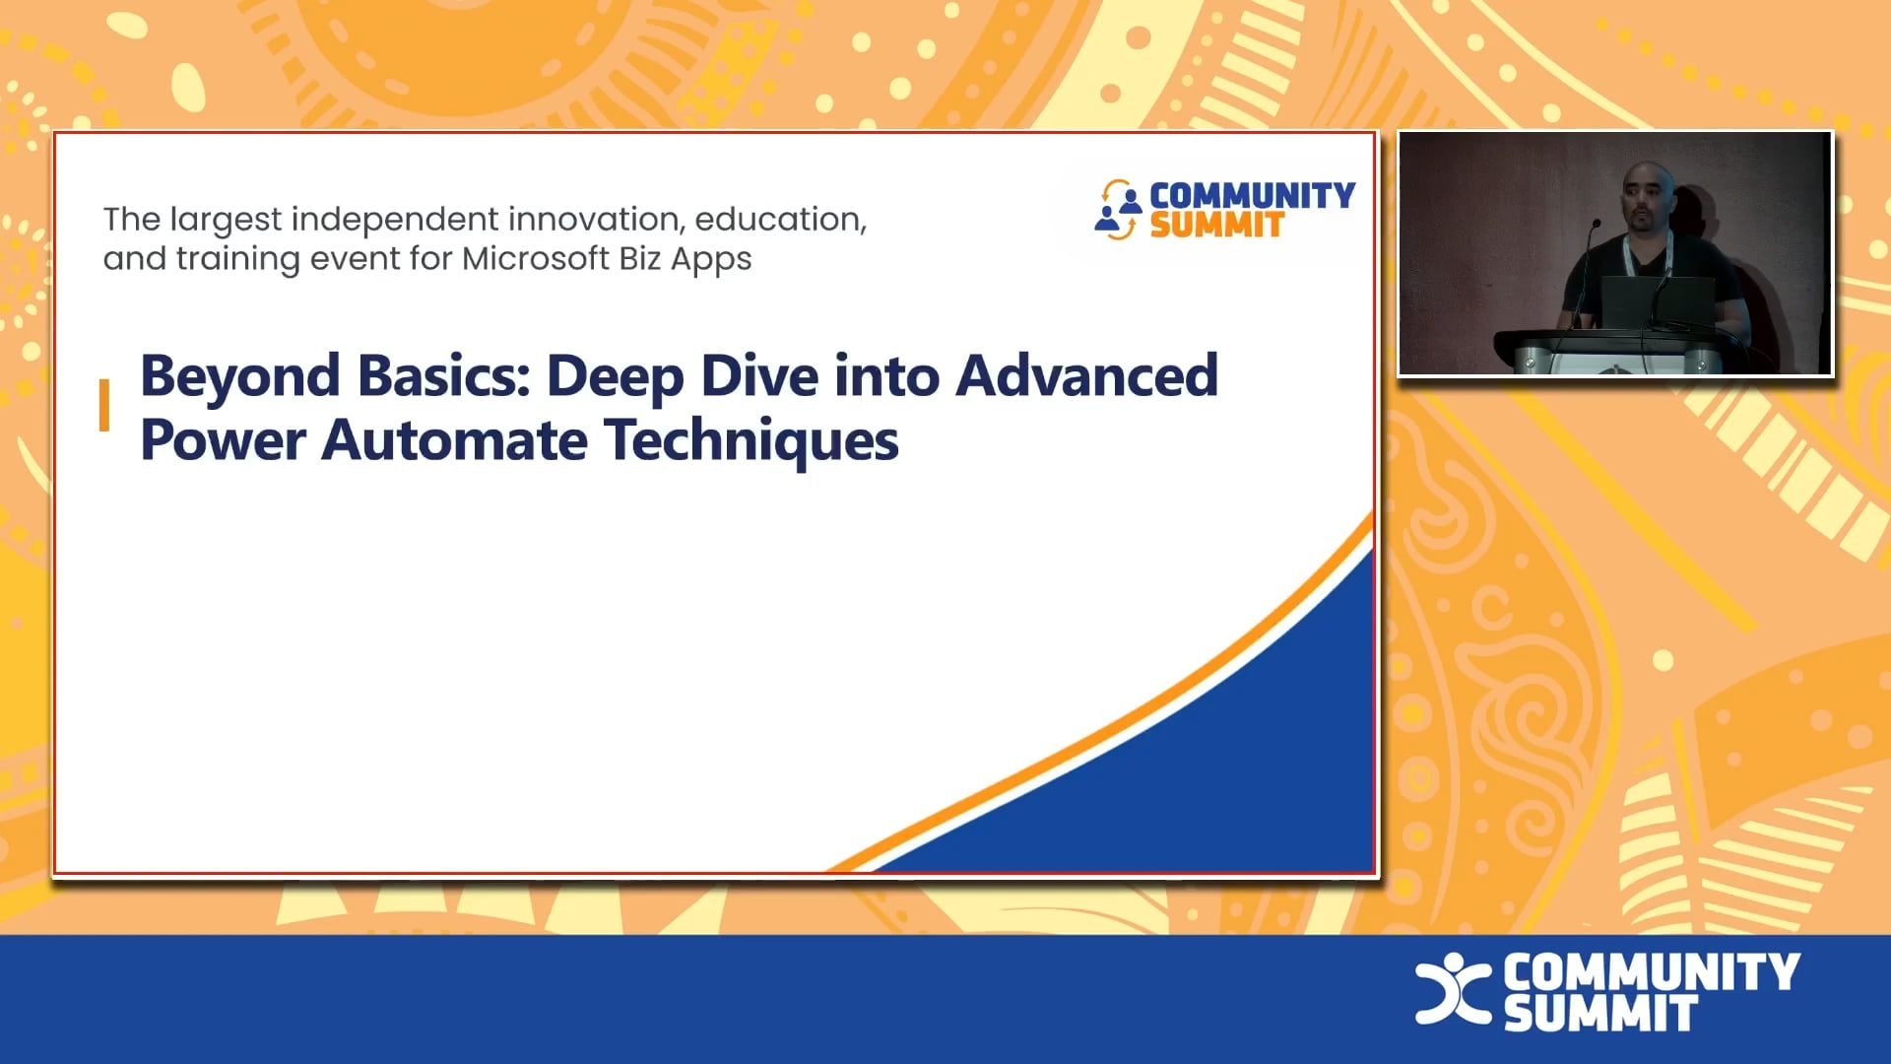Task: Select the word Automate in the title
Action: [x=454, y=440]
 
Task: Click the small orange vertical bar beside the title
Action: [x=104, y=406]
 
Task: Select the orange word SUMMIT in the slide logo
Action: [x=1216, y=226]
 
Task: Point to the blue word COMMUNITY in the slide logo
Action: [x=1252, y=195]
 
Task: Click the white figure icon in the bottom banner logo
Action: [x=1451, y=988]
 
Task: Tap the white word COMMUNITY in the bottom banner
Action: [x=1652, y=972]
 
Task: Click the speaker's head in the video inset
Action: [x=1648, y=195]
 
